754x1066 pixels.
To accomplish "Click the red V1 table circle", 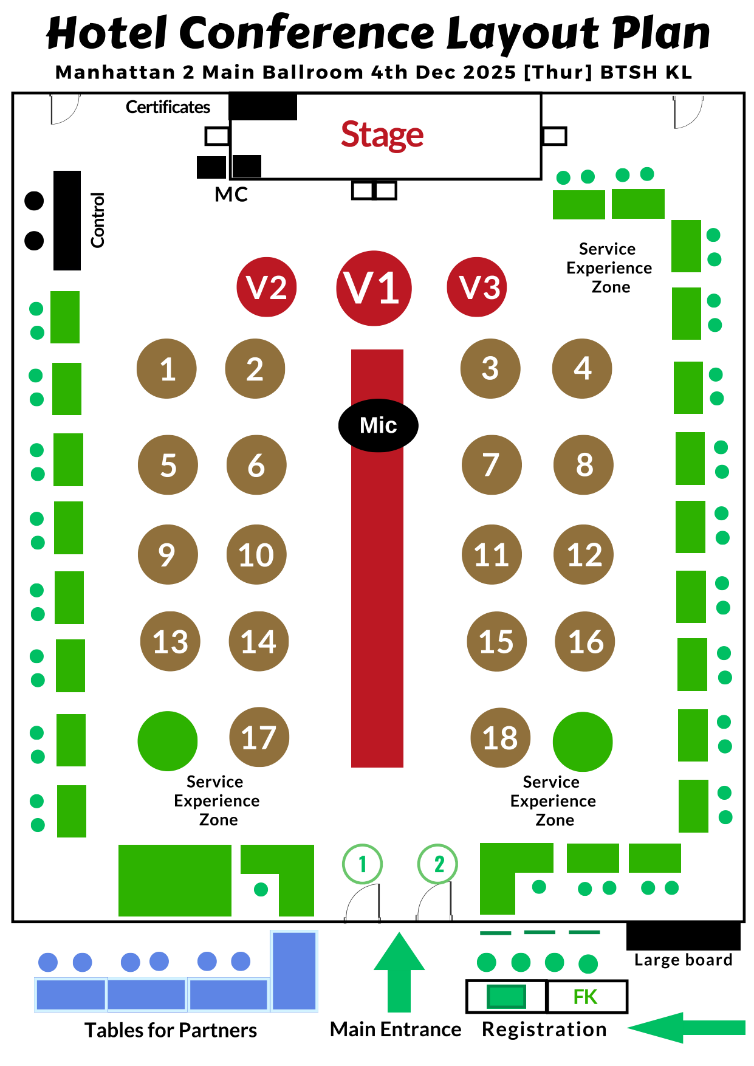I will tap(374, 288).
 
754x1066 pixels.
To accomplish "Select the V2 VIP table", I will tap(266, 287).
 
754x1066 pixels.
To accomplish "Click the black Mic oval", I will tap(378, 425).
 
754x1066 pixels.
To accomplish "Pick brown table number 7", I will tap(492, 465).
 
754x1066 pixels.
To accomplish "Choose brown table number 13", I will tap(170, 641).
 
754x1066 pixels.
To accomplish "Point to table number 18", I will tap(501, 738).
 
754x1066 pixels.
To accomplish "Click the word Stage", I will tap(382, 134).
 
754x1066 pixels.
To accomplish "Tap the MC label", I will tap(231, 194).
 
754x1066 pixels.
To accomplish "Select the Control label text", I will tap(97, 220).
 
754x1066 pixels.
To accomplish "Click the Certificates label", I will tap(168, 107).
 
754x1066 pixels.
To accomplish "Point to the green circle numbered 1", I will tap(362, 864).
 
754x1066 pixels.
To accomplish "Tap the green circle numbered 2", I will tap(437, 864).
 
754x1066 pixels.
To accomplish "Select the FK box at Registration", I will tap(586, 997).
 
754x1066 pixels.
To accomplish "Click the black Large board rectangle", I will tap(683, 936).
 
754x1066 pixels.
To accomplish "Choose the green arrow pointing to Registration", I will tap(687, 1028).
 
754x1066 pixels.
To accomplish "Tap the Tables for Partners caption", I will tap(171, 1030).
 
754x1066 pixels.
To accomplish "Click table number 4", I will tap(582, 368).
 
